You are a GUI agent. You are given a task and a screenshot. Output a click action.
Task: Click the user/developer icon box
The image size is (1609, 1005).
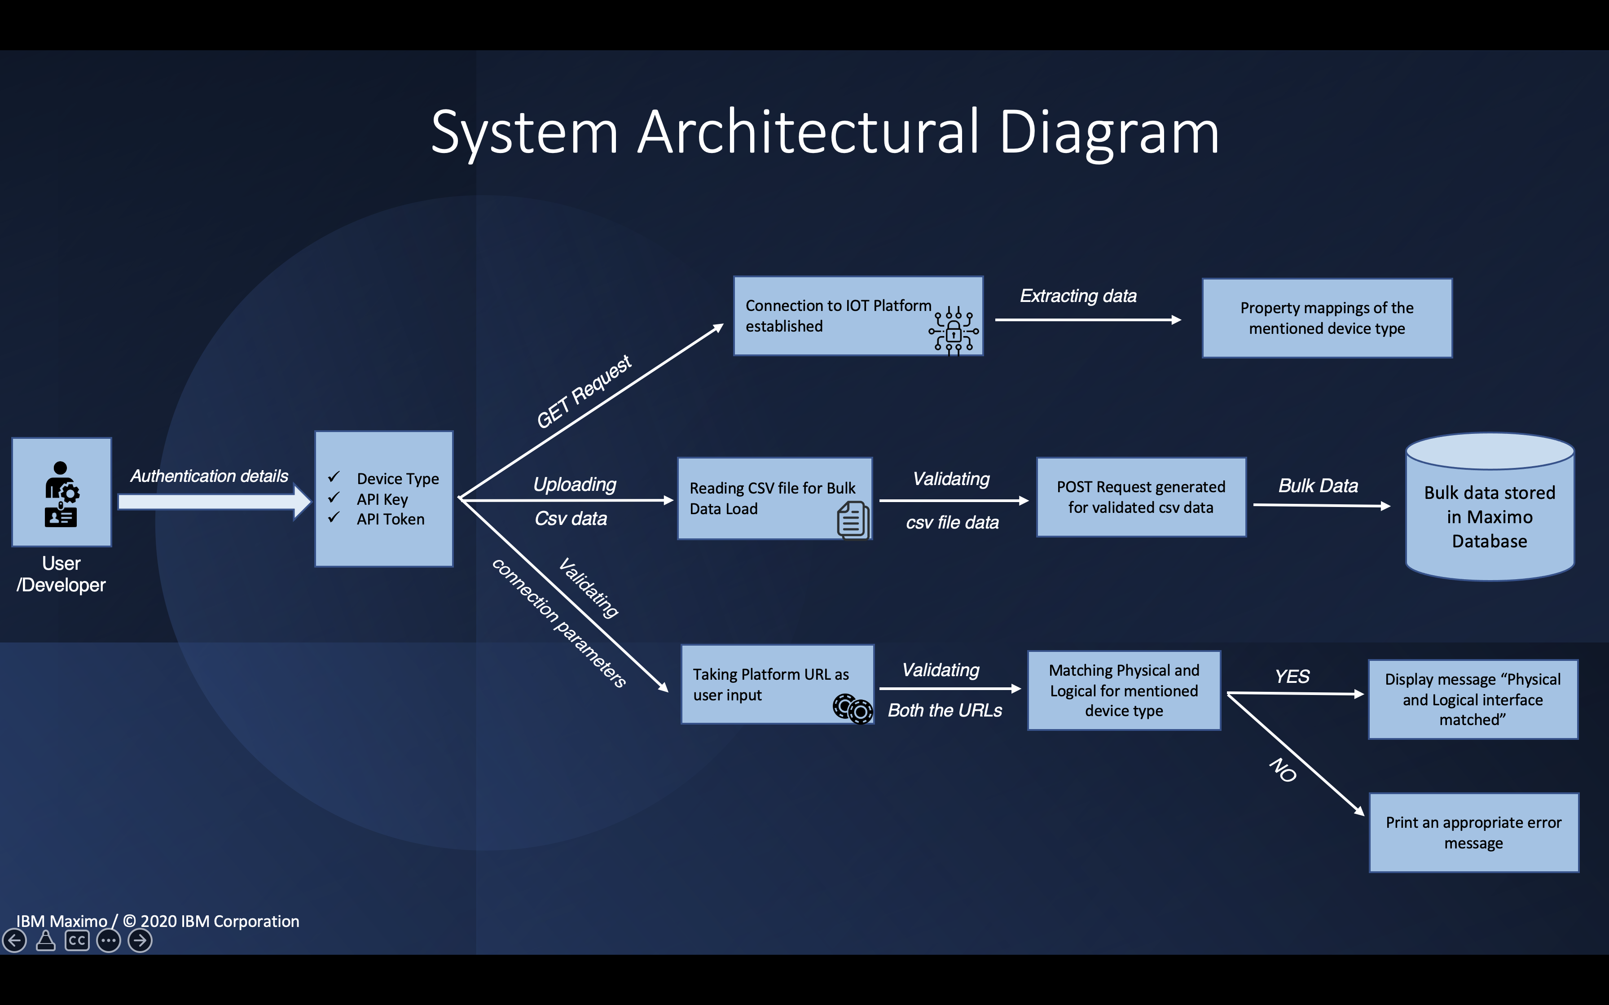[x=61, y=492]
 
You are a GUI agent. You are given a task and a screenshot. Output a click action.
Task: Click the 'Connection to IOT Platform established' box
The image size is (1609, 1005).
[x=857, y=316]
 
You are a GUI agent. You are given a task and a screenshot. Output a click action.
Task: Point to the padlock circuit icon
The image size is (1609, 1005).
[x=954, y=330]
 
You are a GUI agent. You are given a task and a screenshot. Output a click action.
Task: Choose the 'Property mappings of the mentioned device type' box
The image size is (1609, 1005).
[x=1327, y=318]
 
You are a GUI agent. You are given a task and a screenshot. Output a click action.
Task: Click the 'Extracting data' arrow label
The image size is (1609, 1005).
[x=1078, y=296]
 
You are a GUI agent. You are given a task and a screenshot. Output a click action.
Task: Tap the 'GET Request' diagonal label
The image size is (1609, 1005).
[x=584, y=392]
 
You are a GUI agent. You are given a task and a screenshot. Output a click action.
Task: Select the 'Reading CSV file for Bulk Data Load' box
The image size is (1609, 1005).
[x=774, y=498]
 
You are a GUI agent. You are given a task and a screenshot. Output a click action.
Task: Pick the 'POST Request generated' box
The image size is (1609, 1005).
[x=1141, y=497]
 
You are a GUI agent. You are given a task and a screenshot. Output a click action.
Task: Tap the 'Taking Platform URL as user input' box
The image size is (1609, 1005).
[x=777, y=684]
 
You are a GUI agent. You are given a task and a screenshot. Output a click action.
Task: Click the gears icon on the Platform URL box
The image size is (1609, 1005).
[x=853, y=708]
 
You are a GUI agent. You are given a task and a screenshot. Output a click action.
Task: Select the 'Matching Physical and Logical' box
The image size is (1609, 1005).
[x=1124, y=690]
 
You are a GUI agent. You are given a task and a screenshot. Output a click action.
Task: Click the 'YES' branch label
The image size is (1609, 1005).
[x=1292, y=677]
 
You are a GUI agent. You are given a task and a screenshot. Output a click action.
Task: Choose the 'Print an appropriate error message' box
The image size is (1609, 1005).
[x=1473, y=832]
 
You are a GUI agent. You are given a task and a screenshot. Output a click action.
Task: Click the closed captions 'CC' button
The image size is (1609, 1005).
[x=77, y=940]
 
